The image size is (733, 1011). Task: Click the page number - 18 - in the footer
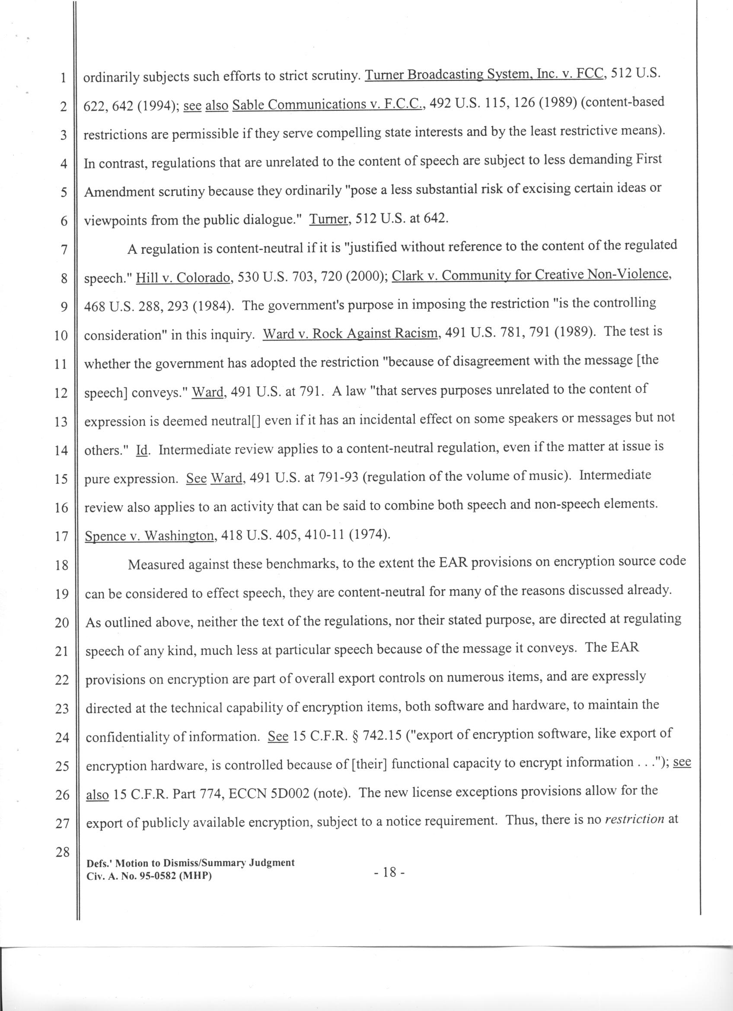point(389,872)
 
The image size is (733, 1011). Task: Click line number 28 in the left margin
point(62,852)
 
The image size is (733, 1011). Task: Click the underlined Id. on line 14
point(141,450)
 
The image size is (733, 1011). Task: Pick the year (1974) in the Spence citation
point(370,535)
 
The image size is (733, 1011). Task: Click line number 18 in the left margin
point(61,566)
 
